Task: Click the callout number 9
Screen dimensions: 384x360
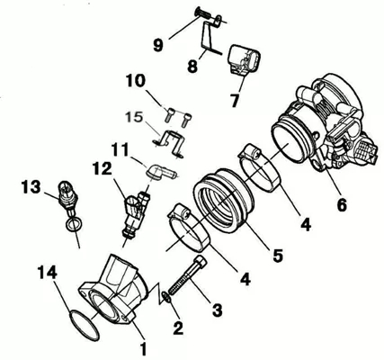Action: click(158, 45)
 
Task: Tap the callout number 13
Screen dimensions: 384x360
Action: click(31, 187)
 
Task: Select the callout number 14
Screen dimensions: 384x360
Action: click(48, 273)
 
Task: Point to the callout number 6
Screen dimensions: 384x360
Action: click(342, 204)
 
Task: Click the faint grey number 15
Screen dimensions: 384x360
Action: click(134, 117)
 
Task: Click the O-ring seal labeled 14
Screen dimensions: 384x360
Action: click(84, 326)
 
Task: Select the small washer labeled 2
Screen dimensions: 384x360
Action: click(166, 296)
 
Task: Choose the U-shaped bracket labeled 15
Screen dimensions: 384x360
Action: click(168, 143)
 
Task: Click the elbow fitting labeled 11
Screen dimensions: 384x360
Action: click(161, 172)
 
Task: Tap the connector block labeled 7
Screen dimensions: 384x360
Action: click(244, 60)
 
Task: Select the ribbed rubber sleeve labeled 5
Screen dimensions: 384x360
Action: click(222, 200)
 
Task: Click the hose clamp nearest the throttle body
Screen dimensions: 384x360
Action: click(260, 167)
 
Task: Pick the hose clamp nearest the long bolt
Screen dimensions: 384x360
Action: click(189, 227)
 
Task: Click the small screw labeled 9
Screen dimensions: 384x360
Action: click(208, 15)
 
